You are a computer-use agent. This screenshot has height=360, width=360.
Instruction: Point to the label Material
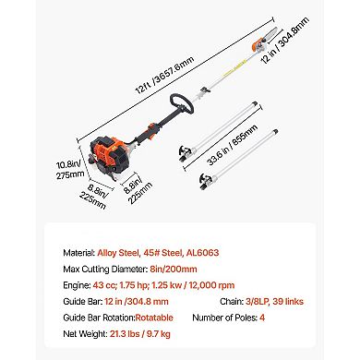tap(77, 252)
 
